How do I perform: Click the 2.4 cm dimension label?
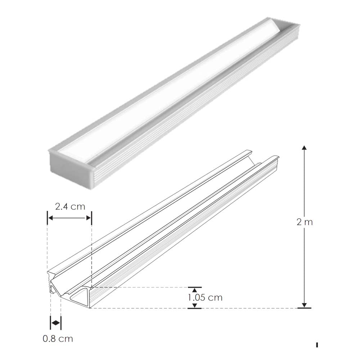(70, 207)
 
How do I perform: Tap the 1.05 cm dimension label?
(205, 298)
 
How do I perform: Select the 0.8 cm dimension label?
(58, 339)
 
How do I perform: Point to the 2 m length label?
(305, 222)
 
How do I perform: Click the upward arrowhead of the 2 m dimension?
(304, 148)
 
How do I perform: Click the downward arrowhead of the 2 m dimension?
(304, 305)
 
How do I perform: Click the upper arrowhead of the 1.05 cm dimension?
(194, 289)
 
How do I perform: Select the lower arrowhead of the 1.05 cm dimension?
(194, 306)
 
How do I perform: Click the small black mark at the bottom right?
(317, 345)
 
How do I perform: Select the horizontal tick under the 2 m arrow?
(304, 308)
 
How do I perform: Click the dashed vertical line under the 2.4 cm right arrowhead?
(91, 252)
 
